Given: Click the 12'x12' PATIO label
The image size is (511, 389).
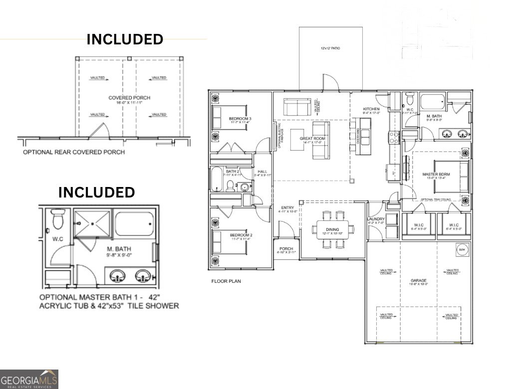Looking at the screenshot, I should (331, 49).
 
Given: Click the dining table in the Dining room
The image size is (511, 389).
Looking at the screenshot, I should (333, 229).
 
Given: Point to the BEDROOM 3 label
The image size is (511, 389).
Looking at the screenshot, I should (240, 119).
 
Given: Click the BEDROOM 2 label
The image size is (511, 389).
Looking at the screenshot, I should (241, 235).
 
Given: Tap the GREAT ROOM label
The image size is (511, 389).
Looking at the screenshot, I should (312, 138).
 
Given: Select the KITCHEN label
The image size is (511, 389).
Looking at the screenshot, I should (371, 109).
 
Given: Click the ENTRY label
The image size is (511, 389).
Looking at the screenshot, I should (287, 207).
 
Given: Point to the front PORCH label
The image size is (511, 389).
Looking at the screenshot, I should (286, 249).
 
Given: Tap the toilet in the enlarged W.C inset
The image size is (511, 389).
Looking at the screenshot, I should (58, 218).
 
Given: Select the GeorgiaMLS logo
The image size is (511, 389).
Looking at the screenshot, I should (29, 379).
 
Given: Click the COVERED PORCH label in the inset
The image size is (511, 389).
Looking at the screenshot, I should (129, 98).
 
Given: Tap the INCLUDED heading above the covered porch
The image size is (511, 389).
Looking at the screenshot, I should (125, 39).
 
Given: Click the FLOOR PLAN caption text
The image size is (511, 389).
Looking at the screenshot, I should (226, 281).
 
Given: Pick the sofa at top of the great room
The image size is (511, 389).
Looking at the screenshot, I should (297, 106).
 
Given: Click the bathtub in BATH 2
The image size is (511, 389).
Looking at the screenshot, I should (217, 180).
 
